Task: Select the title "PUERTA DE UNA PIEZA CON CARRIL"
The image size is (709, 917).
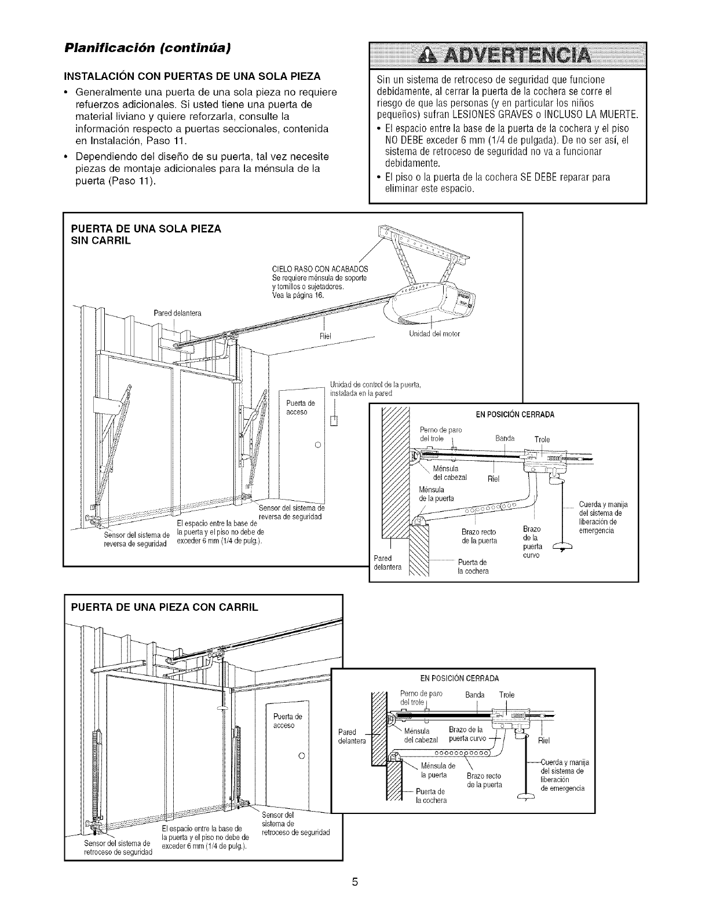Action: coord(164,607)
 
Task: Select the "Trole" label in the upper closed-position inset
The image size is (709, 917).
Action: coord(542,439)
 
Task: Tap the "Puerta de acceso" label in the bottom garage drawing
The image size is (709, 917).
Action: coord(284,720)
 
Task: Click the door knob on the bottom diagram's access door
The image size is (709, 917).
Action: coord(301,757)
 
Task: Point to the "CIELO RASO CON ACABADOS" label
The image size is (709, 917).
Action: coord(320,269)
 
